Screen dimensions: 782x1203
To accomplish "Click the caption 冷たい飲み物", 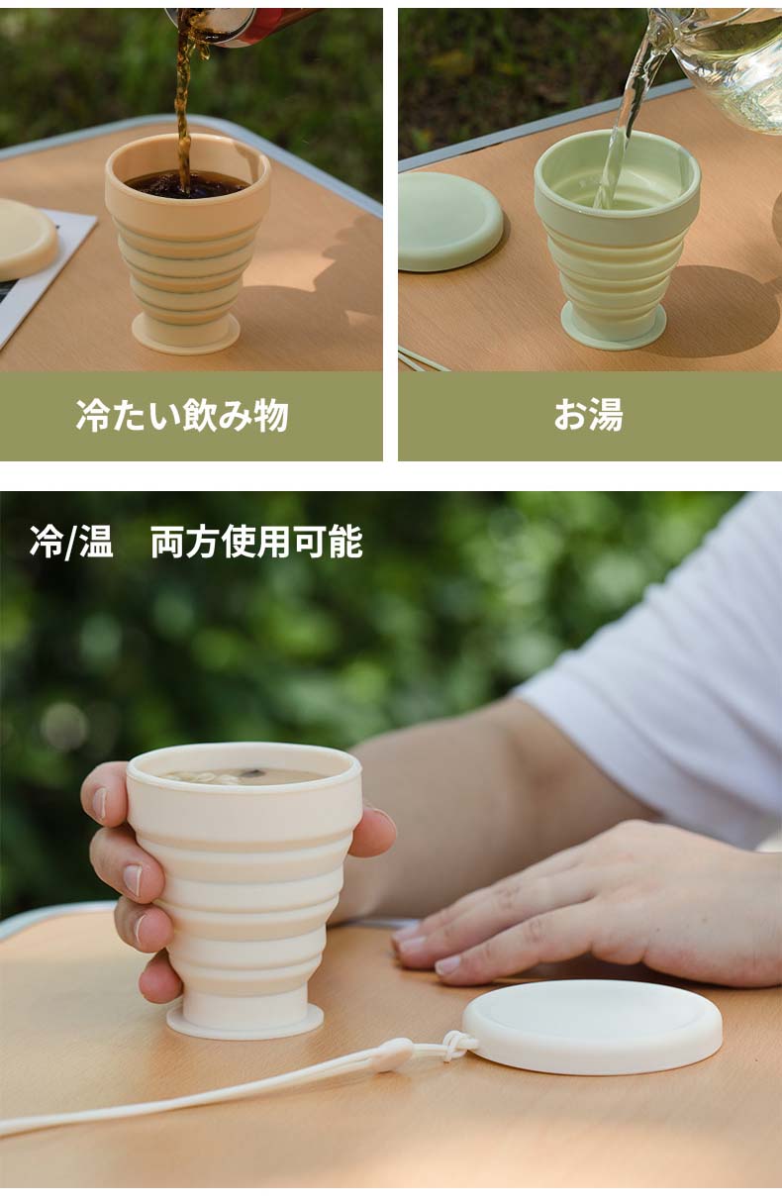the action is (x=182, y=415).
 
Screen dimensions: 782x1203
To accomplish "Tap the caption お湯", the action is (x=589, y=415).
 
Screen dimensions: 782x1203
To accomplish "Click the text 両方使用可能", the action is (x=256, y=543).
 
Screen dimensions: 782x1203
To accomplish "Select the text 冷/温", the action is (x=71, y=543).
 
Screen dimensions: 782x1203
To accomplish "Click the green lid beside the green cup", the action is (x=449, y=221).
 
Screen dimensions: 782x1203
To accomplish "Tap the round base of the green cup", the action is (x=614, y=326).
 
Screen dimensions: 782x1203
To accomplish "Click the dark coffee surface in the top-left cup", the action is (x=187, y=185).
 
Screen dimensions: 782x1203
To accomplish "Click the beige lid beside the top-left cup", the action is (x=26, y=239).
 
